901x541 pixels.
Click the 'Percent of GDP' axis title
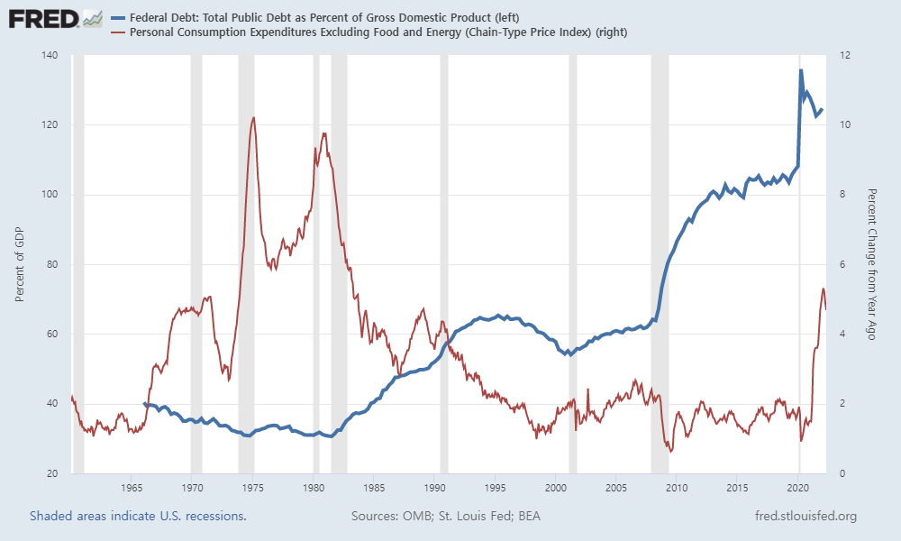(x=20, y=264)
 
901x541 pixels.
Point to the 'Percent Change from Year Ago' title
(x=871, y=264)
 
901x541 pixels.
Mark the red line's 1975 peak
(x=253, y=117)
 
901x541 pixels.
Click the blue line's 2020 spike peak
(x=801, y=70)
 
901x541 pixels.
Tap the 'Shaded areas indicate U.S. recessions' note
(x=138, y=517)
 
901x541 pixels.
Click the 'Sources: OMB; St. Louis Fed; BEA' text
(x=445, y=517)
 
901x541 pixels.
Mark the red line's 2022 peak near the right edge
(x=823, y=289)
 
